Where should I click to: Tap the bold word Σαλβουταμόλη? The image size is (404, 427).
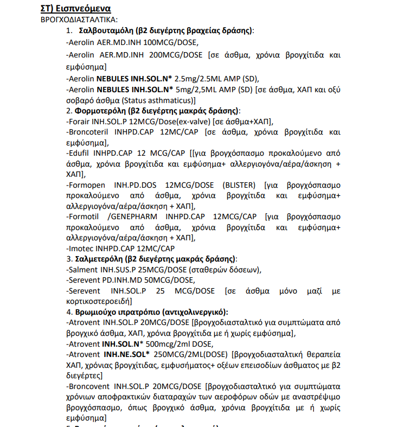104,30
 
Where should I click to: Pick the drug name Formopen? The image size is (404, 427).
86,185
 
